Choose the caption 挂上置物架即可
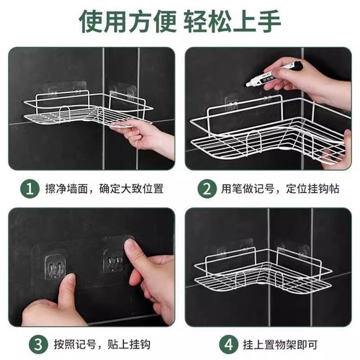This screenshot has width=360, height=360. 264,343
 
